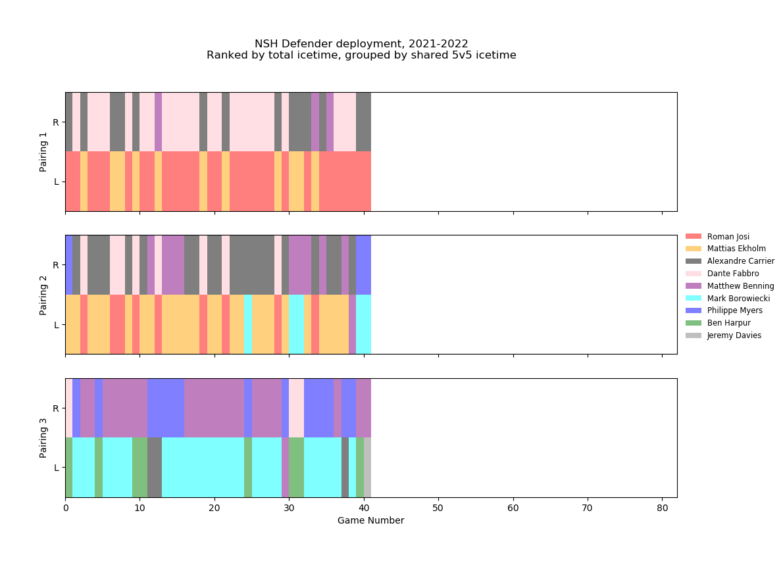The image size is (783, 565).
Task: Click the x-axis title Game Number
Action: pyautogui.click(x=370, y=521)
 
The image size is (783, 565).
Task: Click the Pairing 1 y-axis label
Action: pyautogui.click(x=43, y=152)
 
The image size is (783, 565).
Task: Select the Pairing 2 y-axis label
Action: pyautogui.click(x=43, y=295)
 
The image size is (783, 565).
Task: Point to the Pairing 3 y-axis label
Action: pyautogui.click(x=43, y=438)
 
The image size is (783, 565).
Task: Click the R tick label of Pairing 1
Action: pyautogui.click(x=56, y=122)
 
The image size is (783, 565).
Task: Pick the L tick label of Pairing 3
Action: pyautogui.click(x=57, y=468)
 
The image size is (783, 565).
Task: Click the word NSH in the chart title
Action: pyautogui.click(x=265, y=44)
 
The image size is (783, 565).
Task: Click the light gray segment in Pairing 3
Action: pyautogui.click(x=367, y=468)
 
